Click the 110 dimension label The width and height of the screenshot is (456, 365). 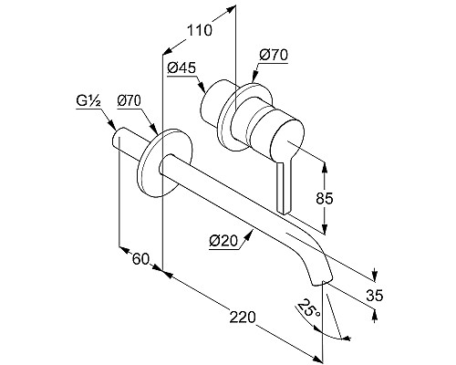pos(199,30)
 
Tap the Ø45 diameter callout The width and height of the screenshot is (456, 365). pos(181,68)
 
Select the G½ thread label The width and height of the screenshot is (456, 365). pos(88,102)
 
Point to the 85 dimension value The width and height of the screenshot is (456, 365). pos(325,199)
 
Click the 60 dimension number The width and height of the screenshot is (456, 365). pos(141,259)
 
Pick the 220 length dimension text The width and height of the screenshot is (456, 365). pos(243,318)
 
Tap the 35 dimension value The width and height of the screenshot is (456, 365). pos(375,295)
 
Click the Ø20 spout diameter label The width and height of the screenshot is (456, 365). pos(223,241)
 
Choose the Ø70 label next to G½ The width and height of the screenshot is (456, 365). pos(130,101)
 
